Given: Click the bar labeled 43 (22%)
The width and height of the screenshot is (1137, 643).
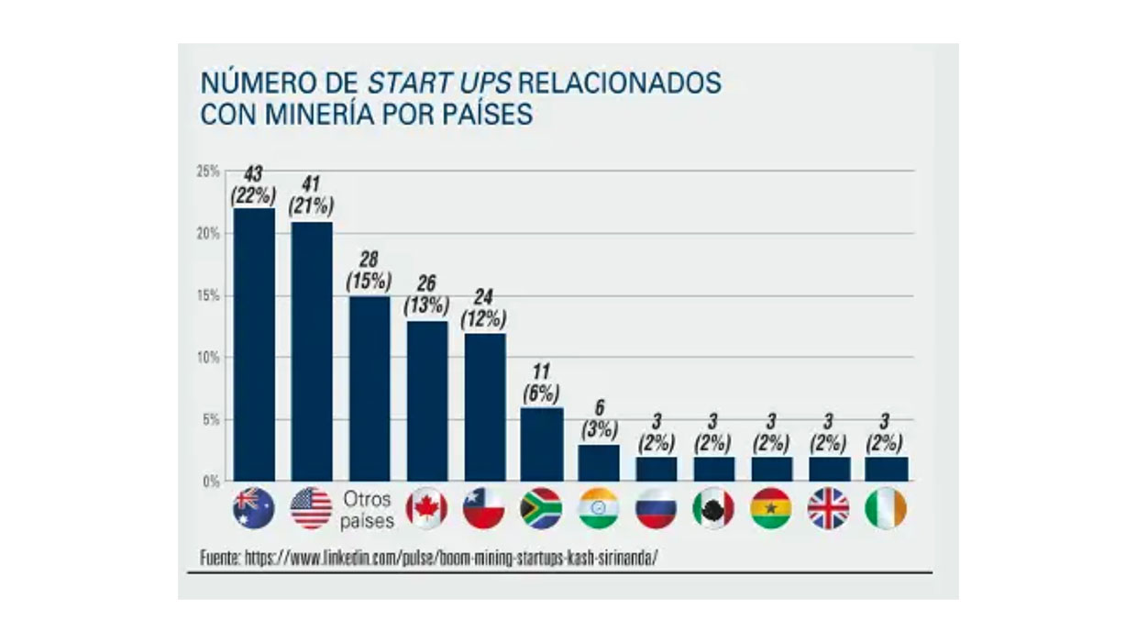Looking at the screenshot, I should click(254, 344).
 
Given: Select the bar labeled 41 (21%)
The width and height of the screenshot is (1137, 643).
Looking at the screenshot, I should click(311, 350).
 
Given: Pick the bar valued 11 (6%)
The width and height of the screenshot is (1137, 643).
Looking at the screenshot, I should click(541, 444).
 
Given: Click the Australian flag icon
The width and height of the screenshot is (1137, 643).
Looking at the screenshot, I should click(254, 508).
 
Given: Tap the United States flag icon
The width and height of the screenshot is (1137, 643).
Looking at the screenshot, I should click(311, 508).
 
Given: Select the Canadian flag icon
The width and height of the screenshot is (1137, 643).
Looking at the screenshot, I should click(426, 508).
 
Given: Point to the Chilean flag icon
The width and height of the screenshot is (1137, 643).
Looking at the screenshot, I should click(483, 508).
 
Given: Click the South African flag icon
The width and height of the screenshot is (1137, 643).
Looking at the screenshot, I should click(541, 508).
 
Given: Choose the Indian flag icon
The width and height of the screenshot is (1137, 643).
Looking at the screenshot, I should click(598, 508).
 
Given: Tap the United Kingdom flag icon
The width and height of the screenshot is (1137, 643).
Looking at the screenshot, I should click(828, 508).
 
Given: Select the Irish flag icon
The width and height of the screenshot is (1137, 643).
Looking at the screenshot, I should click(885, 508).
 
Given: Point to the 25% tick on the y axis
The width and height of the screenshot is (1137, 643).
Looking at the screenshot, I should click(208, 172).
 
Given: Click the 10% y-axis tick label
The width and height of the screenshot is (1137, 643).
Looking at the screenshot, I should click(208, 358).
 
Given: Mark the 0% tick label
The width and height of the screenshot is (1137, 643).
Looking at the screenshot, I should click(211, 481).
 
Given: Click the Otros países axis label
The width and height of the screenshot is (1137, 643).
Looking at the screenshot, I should click(368, 510).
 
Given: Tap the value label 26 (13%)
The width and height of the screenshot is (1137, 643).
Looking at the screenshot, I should click(426, 294).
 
